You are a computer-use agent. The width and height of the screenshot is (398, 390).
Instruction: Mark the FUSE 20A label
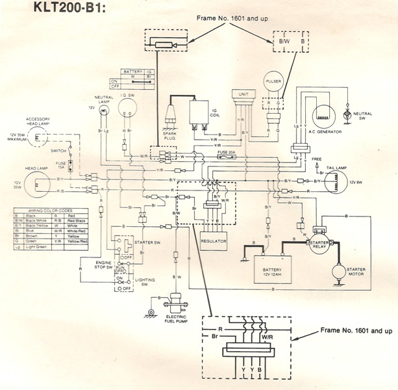pyautogui.click(x=228, y=152)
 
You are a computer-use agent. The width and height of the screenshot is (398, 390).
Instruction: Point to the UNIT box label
pyautogui.click(x=244, y=94)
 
